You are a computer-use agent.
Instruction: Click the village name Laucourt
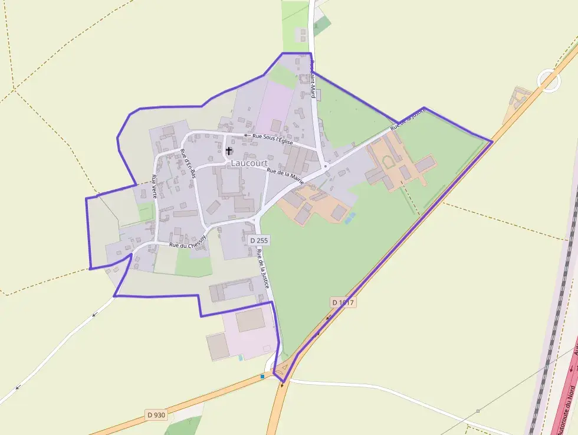pos(249,163)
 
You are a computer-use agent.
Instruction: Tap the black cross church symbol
pos(229,151)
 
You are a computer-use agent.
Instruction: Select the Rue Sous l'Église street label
pos(272,139)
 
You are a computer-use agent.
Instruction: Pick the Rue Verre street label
pos(155,185)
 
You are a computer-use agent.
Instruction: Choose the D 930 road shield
pos(156,415)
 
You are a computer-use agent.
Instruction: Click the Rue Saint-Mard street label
pos(314,80)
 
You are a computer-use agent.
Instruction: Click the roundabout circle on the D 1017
pos(549,80)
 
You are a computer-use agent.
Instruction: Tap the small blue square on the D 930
pos(262,376)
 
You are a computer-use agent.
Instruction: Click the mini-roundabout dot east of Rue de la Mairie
pos(325,166)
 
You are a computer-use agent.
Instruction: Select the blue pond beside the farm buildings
pos(350,218)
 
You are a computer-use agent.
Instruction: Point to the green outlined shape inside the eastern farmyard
pos(389,161)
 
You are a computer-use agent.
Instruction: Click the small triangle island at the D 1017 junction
pos(284,369)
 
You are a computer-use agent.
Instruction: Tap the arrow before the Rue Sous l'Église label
pos(246,135)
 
